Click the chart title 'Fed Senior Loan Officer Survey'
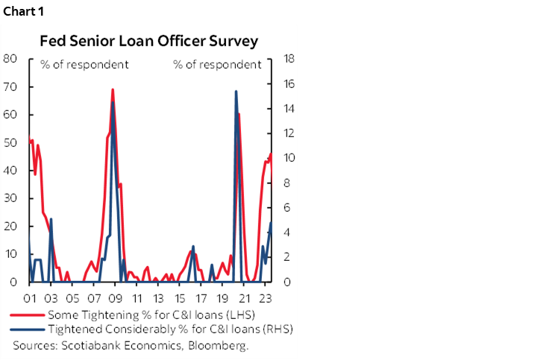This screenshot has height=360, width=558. point(149,40)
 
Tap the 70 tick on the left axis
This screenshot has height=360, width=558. point(10,86)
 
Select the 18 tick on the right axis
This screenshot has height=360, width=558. point(286,59)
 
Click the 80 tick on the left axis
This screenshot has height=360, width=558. point(10,59)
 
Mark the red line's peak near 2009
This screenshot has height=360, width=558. point(113,90)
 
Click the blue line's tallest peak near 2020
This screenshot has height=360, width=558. point(236,92)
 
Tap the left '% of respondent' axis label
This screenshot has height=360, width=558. point(84,64)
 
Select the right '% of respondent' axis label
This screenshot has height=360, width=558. point(217,64)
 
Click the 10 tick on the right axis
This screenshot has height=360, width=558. point(286,158)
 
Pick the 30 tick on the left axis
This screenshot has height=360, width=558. point(10,198)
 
